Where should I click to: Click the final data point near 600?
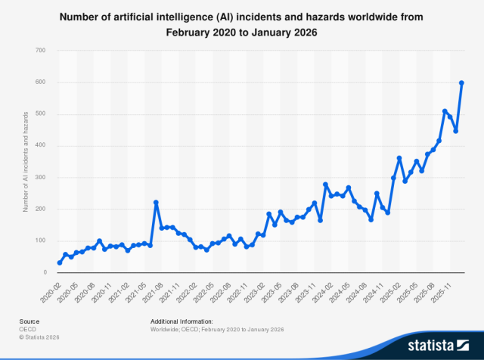coord(461,82)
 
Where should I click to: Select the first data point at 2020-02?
coord(60,262)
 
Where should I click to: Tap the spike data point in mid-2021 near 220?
coord(156,203)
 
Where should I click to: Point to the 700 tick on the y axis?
coord(40,50)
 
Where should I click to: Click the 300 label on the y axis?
coord(40,177)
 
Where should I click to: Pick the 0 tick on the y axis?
coord(45,272)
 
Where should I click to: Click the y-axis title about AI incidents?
coord(26,162)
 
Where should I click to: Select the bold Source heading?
coord(29,321)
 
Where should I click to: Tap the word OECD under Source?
coord(27,329)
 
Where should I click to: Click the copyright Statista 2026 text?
coord(39,337)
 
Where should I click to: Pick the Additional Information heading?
coord(181,321)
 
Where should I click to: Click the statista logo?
coord(439,345)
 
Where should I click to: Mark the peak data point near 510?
coord(445,111)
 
